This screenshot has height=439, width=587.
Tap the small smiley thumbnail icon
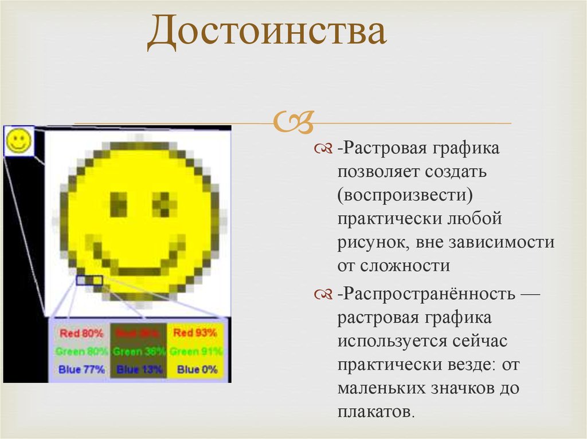[19, 140]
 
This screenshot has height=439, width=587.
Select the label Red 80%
[81, 333]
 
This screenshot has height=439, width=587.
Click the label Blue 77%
[81, 370]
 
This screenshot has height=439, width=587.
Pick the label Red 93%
[195, 333]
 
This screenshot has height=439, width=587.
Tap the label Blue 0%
[197, 370]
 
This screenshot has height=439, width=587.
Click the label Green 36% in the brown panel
[139, 351]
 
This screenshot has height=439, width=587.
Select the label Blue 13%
[139, 370]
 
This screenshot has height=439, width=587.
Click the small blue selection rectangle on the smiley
[89, 280]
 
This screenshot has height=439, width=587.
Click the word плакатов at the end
[374, 412]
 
